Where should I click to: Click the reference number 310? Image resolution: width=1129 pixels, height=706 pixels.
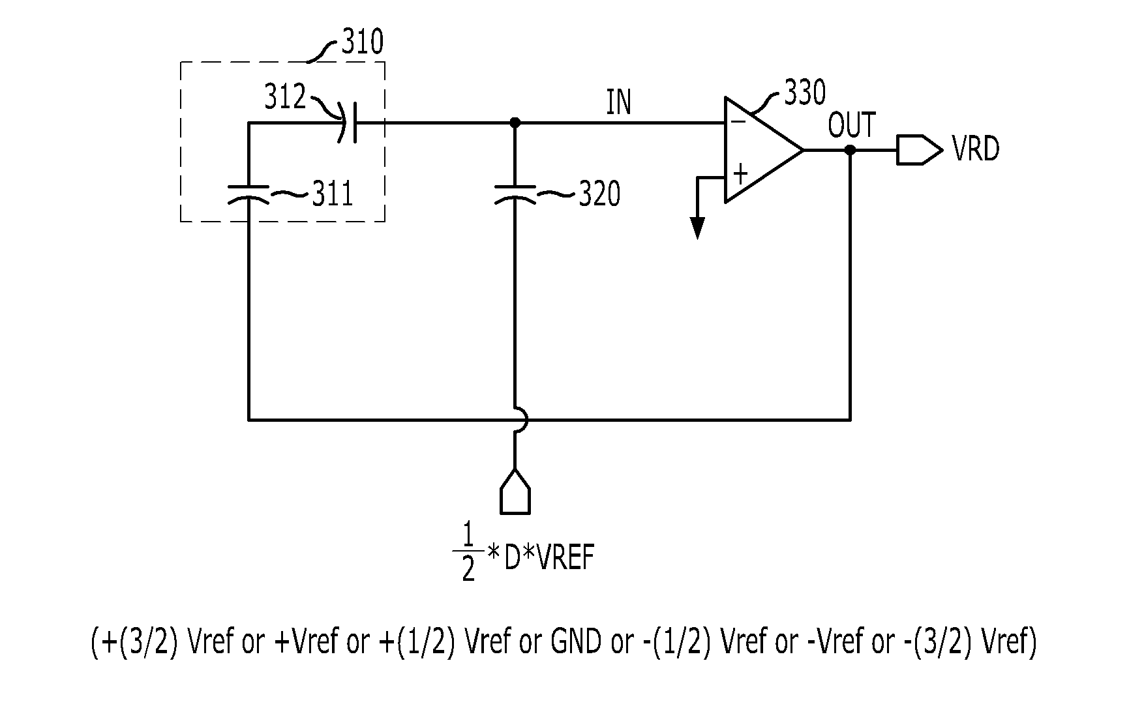click(363, 42)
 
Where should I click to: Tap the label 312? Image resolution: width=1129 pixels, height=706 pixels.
click(285, 97)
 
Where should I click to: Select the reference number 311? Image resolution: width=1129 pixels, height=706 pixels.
click(333, 194)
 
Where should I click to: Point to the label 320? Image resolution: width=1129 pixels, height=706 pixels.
click(599, 194)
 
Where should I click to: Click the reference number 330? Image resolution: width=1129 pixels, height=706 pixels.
click(805, 93)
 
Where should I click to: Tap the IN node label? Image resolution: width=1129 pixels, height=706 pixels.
click(619, 103)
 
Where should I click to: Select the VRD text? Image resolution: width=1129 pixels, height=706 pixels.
click(976, 149)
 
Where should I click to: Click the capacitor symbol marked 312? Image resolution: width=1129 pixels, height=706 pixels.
click(348, 123)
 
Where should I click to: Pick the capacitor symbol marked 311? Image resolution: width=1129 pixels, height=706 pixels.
click(248, 195)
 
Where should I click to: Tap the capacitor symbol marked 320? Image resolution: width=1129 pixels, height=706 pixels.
click(515, 195)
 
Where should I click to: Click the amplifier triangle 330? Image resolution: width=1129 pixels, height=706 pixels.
click(764, 150)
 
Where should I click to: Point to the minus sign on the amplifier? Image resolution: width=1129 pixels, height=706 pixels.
click(738, 121)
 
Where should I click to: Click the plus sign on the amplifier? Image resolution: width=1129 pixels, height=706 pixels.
click(740, 174)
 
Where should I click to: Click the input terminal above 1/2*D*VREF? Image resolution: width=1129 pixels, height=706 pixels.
click(515, 492)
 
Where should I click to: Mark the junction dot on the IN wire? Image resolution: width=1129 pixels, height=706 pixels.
click(515, 123)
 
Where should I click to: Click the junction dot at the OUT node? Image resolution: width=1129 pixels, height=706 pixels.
click(850, 150)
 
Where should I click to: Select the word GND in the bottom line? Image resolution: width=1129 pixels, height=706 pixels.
click(576, 643)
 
